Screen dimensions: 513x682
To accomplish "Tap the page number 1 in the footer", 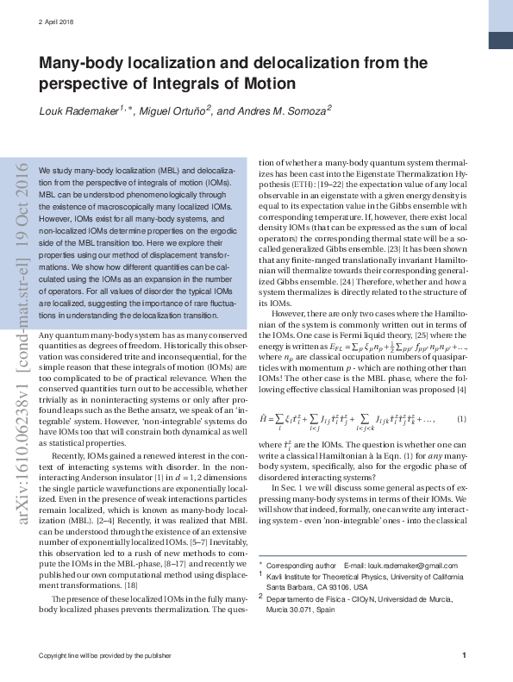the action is (x=464, y=656).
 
